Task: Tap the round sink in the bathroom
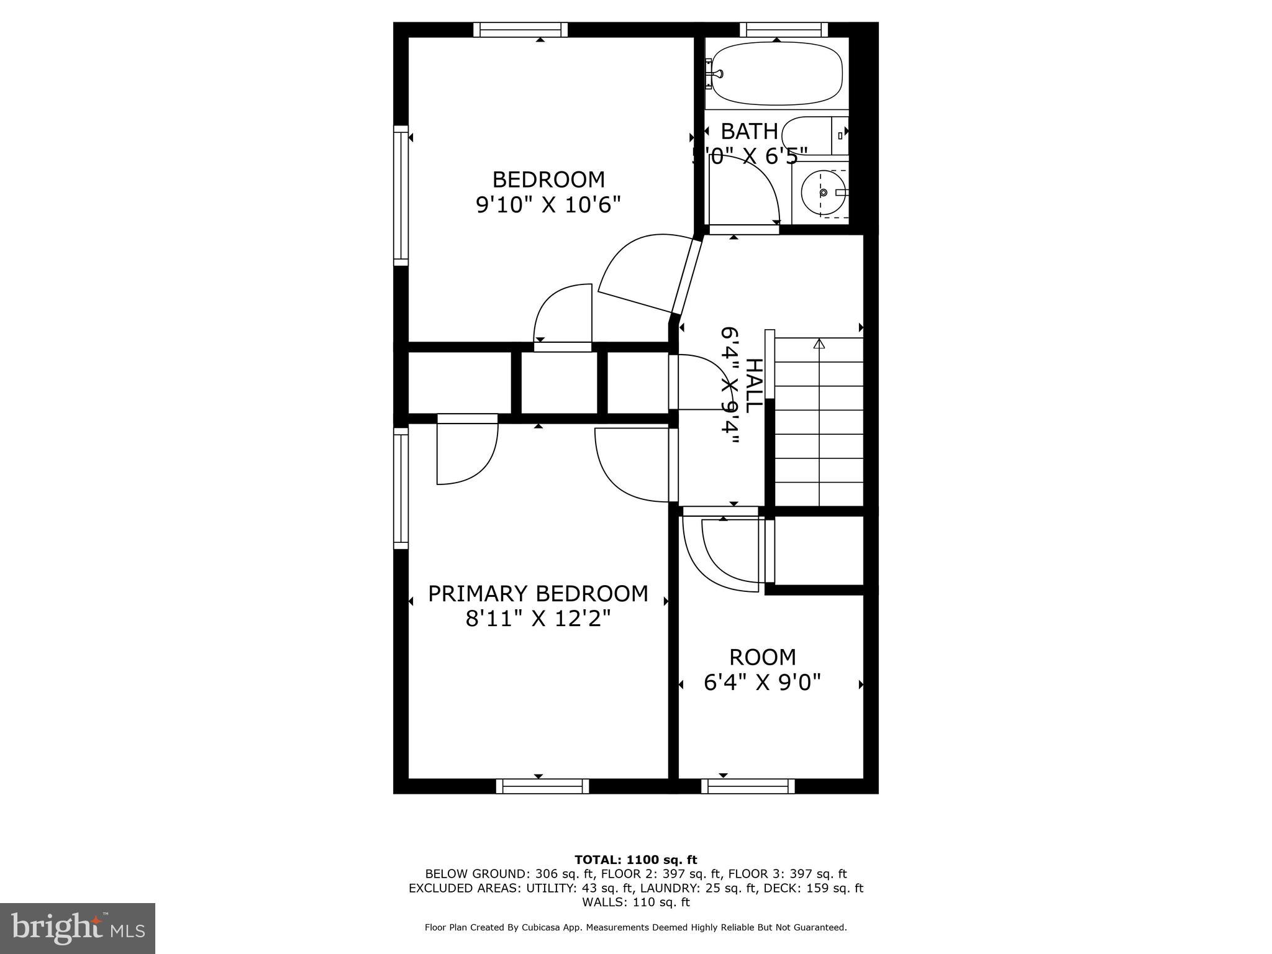[x=823, y=193]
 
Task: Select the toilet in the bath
[x=814, y=135]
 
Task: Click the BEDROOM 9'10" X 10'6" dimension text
[x=548, y=204]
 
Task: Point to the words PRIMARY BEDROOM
[x=538, y=594]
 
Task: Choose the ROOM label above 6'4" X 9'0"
[x=762, y=657]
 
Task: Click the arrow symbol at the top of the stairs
[x=819, y=343]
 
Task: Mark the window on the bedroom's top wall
[x=520, y=30]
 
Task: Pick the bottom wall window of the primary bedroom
[x=542, y=786]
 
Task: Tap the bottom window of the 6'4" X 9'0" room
[x=748, y=786]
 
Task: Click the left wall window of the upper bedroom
[x=401, y=196]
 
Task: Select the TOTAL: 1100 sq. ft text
[x=635, y=860]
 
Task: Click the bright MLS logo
[x=78, y=928]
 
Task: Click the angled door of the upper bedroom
[x=686, y=276]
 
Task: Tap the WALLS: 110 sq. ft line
[x=635, y=902]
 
